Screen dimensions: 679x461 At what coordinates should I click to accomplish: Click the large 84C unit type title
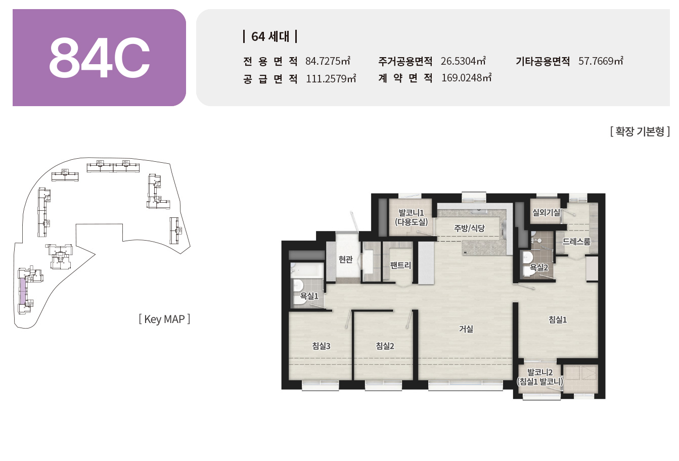tap(100, 58)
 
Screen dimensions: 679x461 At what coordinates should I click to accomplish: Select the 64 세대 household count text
tap(270, 36)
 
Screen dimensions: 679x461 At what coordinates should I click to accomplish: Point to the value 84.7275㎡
tap(328, 61)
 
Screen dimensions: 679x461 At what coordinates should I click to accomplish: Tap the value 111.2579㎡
tap(331, 78)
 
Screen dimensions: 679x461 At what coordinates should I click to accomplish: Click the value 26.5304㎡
tap(463, 61)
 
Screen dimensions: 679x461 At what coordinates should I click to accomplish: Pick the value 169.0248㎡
tap(466, 78)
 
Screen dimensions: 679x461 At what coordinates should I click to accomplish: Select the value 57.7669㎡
tap(601, 61)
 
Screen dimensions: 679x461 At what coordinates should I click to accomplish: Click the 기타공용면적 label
tap(542, 61)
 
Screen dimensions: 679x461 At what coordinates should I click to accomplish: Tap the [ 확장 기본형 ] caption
tap(640, 131)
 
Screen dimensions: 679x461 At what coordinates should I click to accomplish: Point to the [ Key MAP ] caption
tap(164, 319)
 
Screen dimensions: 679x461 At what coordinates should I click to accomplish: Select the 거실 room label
tap(466, 329)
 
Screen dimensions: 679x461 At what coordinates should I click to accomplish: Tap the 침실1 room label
tap(558, 319)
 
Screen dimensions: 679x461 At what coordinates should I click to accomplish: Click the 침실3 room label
tap(322, 346)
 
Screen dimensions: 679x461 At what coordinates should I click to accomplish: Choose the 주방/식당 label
tap(469, 228)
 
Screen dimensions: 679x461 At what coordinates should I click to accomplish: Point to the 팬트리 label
tap(400, 265)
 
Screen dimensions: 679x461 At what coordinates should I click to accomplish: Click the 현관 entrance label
tap(345, 259)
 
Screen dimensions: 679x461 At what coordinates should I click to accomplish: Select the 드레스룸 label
tap(576, 242)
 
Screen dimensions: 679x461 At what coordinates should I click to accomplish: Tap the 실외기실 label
tap(546, 212)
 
